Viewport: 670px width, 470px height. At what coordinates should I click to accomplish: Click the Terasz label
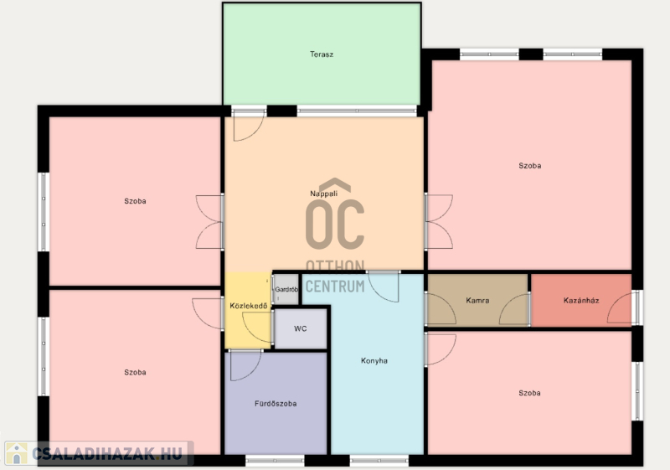(x=322, y=54)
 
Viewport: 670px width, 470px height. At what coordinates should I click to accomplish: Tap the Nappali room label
(x=323, y=194)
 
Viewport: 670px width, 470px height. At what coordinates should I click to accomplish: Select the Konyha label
(x=374, y=360)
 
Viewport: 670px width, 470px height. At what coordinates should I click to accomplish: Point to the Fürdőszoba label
(x=276, y=403)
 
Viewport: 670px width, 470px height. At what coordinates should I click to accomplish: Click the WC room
(x=301, y=328)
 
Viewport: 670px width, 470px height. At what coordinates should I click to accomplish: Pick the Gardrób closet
(x=286, y=289)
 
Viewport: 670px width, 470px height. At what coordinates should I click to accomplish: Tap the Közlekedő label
(x=248, y=306)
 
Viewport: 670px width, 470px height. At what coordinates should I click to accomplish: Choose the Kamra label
(x=477, y=301)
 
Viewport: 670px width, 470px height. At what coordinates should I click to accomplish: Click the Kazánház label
(x=581, y=301)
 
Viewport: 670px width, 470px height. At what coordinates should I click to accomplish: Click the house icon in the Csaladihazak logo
(x=17, y=453)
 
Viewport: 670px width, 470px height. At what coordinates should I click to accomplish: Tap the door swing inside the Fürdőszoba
(x=245, y=365)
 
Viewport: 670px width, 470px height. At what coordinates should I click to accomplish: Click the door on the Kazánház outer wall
(x=621, y=307)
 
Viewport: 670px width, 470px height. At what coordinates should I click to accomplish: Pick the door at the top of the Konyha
(x=384, y=287)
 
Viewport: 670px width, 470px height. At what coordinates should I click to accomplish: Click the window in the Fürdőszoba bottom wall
(x=275, y=461)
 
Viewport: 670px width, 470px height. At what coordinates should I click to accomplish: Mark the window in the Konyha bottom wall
(x=379, y=461)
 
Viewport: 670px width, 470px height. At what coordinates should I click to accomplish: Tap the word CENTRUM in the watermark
(x=335, y=286)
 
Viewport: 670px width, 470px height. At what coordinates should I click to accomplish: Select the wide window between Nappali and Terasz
(x=357, y=111)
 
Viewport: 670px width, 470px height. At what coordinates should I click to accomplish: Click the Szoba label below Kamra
(x=529, y=393)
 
